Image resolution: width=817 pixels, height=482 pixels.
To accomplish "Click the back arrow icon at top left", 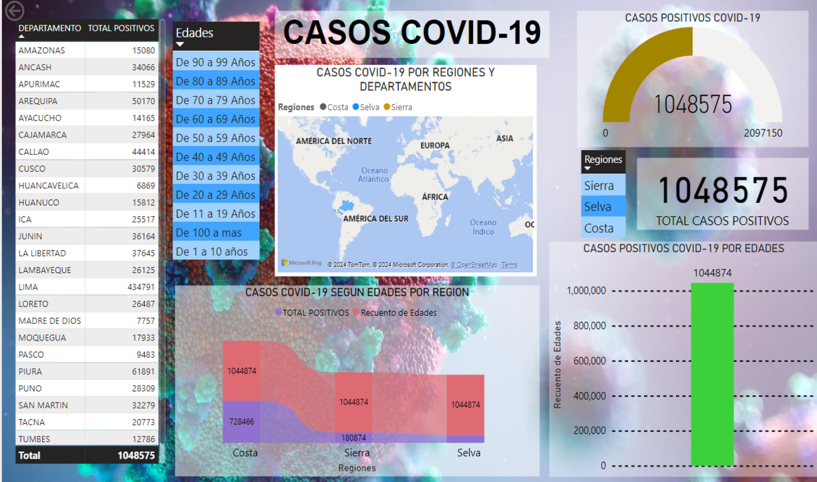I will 14,11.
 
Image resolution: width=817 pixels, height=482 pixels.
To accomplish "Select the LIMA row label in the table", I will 29,287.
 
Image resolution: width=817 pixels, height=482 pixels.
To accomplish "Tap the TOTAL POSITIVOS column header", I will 121,28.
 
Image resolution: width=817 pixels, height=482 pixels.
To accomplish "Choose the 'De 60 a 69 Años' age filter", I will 216,119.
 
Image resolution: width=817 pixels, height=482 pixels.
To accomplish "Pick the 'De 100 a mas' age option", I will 208,232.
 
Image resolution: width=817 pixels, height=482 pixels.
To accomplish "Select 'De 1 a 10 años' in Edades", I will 212,252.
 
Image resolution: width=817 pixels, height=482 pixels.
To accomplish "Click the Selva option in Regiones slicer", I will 598,206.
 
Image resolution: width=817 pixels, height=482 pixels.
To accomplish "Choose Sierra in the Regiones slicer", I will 599,186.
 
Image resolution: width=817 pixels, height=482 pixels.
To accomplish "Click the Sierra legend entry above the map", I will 401,107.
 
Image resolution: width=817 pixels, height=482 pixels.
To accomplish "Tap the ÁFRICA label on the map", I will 435,197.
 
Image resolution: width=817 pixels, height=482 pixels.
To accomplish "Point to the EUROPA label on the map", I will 435,145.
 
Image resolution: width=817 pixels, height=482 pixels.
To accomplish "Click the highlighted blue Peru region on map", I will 345,205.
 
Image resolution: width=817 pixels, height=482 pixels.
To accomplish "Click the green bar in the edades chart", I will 712,374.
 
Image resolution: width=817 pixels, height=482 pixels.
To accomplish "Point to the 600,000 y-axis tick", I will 587,361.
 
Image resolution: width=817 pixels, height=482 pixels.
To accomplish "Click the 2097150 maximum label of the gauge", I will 762,133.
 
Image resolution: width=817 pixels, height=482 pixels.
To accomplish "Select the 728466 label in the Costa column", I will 241,421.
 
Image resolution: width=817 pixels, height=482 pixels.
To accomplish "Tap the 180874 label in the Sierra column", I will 353,438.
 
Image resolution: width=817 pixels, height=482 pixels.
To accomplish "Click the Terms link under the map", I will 510,265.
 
